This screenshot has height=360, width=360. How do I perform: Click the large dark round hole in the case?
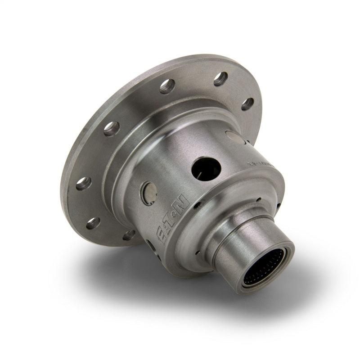206,169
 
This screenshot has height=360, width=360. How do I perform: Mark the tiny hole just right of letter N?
197,205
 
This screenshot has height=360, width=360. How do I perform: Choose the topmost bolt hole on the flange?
220,79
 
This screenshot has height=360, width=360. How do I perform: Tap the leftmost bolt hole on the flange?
83,183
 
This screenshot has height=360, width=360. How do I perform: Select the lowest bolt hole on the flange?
130,234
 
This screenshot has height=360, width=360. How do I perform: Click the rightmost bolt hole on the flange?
247,104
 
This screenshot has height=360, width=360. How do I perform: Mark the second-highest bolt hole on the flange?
167,86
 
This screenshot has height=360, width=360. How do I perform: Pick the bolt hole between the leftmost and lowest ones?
93,223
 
